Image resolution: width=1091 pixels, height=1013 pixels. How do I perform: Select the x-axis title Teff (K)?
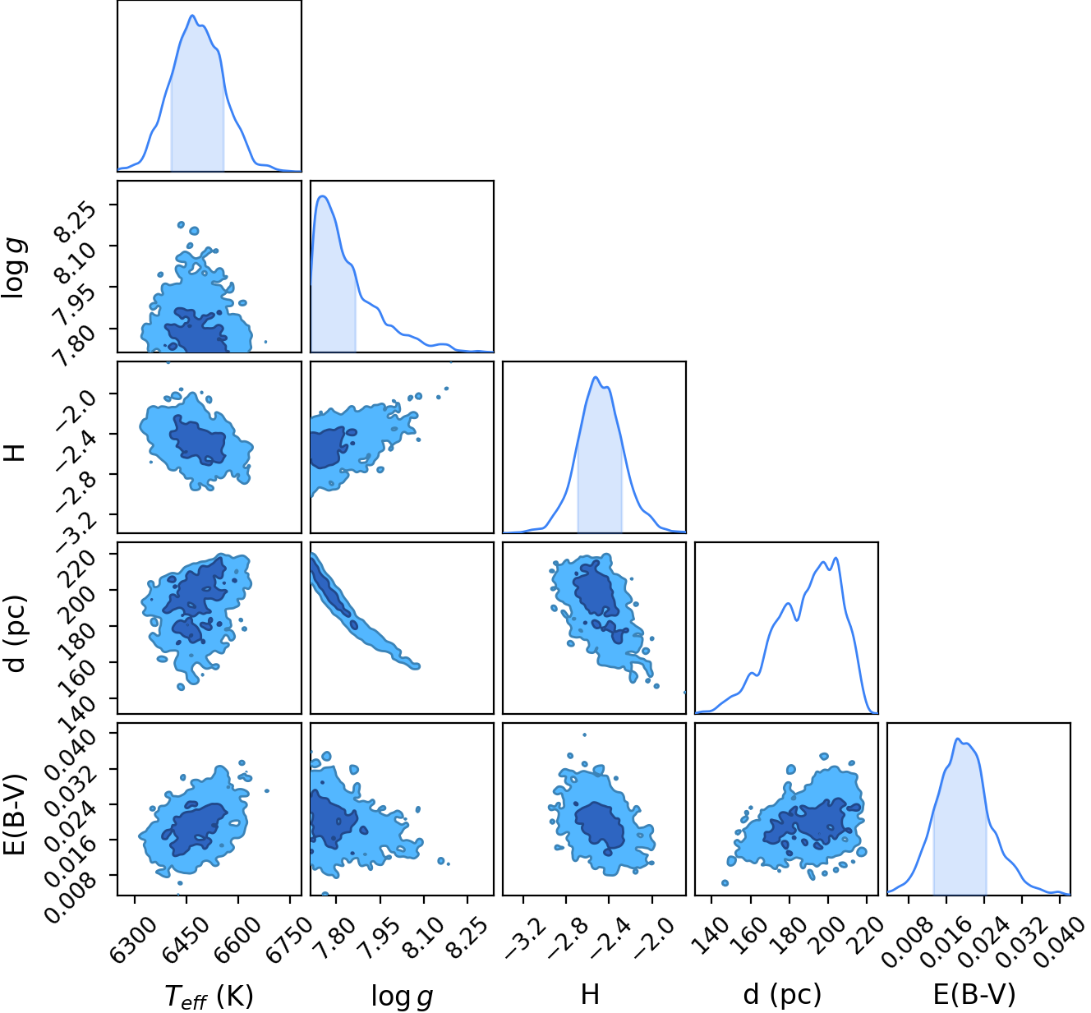coord(209,996)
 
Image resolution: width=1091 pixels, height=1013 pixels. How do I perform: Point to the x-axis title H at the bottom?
coord(590,994)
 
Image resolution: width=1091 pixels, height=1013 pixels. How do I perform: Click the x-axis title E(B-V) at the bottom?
coord(974,995)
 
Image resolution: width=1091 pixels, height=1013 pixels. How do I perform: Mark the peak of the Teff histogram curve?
coord(192,16)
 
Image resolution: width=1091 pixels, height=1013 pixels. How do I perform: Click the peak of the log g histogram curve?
coord(323,196)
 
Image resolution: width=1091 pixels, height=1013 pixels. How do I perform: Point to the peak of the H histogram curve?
coord(595,377)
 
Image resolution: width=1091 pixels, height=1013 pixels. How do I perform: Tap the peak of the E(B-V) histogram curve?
coord(957,739)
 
